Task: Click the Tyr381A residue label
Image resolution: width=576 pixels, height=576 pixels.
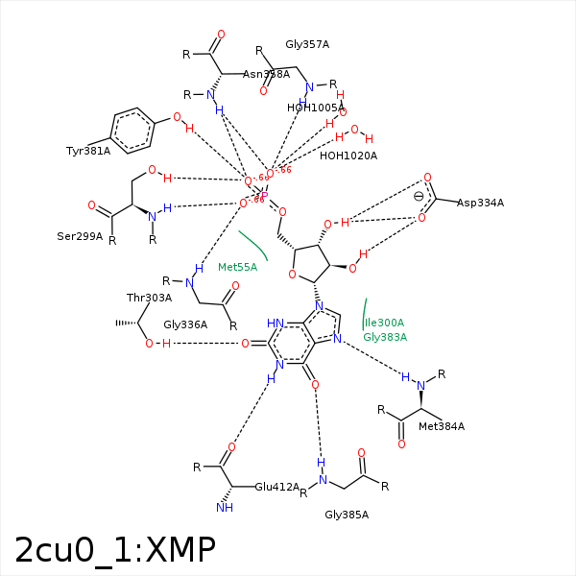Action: pyautogui.click(x=87, y=151)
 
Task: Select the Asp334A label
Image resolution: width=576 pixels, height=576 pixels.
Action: pyautogui.click(x=480, y=203)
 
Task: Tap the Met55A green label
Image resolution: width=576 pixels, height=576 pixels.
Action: pyautogui.click(x=237, y=267)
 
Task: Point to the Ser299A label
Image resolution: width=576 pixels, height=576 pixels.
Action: pyautogui.click(x=80, y=236)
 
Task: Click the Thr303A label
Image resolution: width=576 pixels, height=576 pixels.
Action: pyautogui.click(x=149, y=298)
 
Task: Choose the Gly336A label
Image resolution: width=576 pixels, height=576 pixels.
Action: pyautogui.click(x=185, y=324)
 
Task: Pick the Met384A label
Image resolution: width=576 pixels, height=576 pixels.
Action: pyautogui.click(x=442, y=426)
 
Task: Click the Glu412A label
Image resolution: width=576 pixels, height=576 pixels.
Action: pyautogui.click(x=277, y=488)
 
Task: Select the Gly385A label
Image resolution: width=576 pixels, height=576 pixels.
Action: pyautogui.click(x=347, y=516)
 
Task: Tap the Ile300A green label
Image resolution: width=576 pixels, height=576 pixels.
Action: pyautogui.click(x=384, y=323)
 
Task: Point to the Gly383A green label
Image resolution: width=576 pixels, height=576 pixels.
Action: pyautogui.click(x=385, y=337)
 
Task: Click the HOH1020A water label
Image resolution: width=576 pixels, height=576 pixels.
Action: pyautogui.click(x=348, y=156)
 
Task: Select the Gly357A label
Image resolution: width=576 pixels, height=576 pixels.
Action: pyautogui.click(x=307, y=44)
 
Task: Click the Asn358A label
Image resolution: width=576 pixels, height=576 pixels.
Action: pyautogui.click(x=266, y=74)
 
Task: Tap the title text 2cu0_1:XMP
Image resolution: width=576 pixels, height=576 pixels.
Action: pyautogui.click(x=115, y=549)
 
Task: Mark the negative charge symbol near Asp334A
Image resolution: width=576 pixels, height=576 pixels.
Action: pyautogui.click(x=418, y=197)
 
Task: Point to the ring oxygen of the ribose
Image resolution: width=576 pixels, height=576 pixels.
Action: pyautogui.click(x=292, y=276)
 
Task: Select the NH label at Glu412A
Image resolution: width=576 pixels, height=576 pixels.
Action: pyautogui.click(x=225, y=508)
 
